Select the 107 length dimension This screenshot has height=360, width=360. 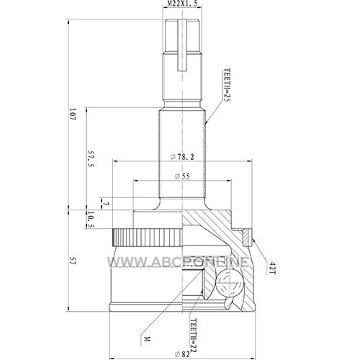point(73,114)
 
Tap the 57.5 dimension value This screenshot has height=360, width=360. point(91,159)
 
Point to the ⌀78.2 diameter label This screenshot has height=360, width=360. point(182,157)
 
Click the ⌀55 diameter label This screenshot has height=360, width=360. point(182,176)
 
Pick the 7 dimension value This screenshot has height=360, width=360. point(106,204)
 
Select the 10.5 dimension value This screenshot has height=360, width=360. point(90,219)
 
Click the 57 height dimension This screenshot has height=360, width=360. point(73,261)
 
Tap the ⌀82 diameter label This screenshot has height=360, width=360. point(182,354)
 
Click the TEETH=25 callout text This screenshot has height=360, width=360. point(227,85)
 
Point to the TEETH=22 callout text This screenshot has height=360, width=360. point(194,336)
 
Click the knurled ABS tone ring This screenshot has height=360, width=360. point(148,238)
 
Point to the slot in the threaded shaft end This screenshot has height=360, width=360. point(182,45)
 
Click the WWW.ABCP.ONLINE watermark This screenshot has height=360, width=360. point(178,261)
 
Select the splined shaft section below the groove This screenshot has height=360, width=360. point(182,153)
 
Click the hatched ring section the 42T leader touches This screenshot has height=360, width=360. point(246,238)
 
